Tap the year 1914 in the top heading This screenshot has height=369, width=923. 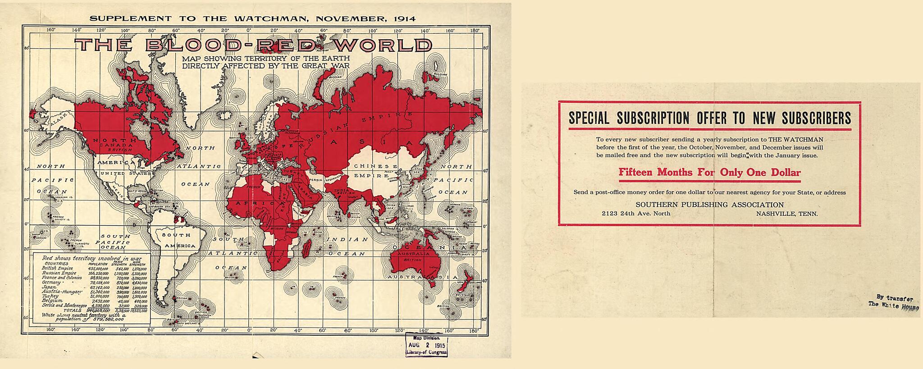(404, 19)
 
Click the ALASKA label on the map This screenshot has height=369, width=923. (59, 120)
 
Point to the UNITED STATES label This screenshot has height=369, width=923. (119, 173)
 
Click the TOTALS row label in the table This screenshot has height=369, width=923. (73, 310)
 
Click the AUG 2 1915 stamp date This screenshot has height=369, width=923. (426, 345)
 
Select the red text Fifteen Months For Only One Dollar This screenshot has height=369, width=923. (709, 173)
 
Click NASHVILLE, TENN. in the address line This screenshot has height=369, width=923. (786, 214)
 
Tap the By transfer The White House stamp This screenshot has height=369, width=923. (893, 301)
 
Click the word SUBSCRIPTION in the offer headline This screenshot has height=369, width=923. (653, 118)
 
